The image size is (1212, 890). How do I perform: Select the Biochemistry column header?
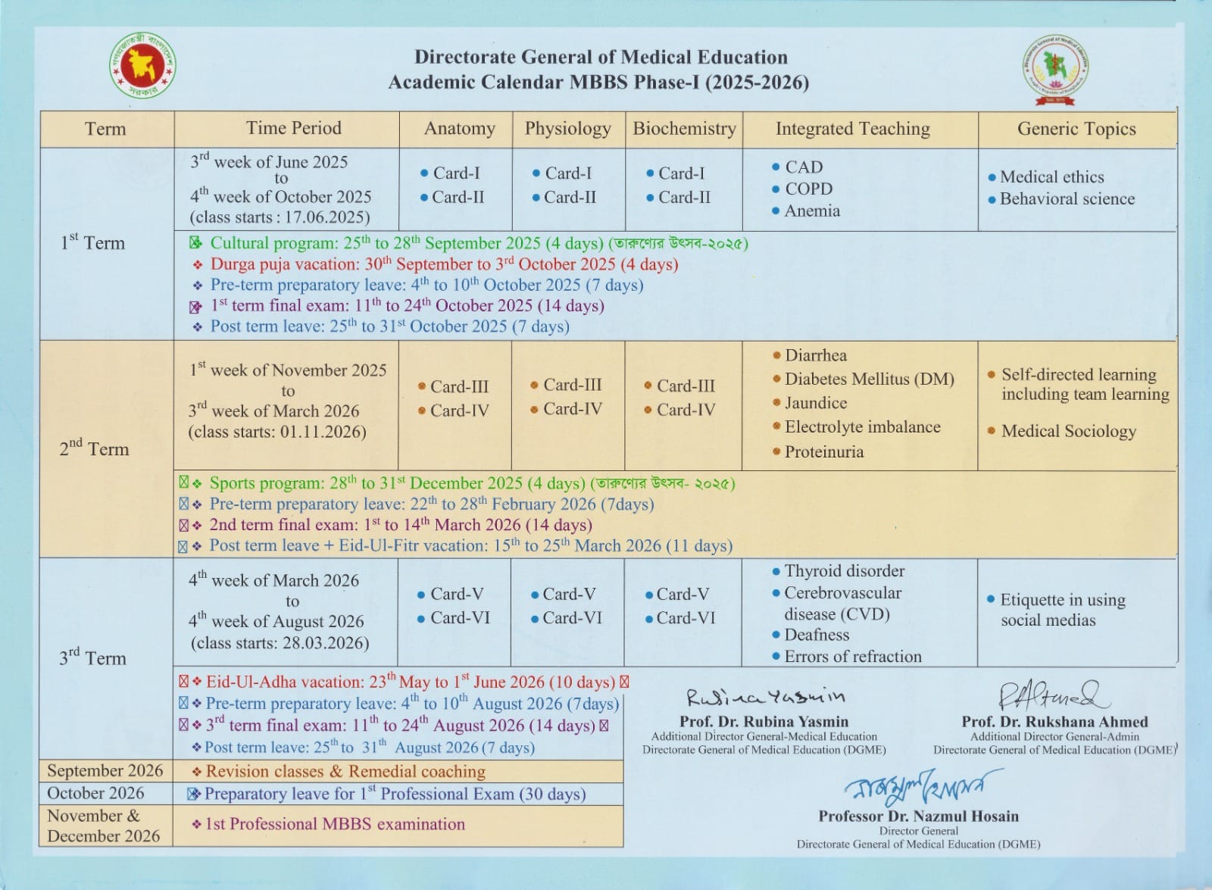point(684,129)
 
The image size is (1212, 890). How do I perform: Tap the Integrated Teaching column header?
point(852,129)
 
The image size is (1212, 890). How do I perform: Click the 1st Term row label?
point(92,243)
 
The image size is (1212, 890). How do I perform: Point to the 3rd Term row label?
point(92,657)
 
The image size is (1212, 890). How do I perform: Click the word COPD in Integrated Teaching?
point(808,189)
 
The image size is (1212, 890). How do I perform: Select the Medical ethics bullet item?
point(1051,177)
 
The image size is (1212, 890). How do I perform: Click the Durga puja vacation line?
point(444,264)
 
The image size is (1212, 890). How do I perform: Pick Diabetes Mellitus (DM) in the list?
point(869,379)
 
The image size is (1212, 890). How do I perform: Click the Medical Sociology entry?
point(1068,431)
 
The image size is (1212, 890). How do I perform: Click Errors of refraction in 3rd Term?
point(852,657)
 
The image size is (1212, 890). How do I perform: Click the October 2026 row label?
point(95,793)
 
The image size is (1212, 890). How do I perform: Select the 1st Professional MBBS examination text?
point(335,824)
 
